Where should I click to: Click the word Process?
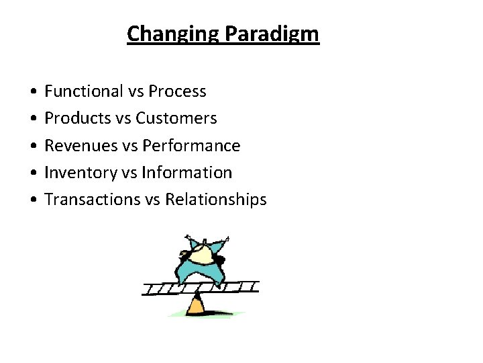tap(177, 91)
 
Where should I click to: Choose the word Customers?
tap(176, 118)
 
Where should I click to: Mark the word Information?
tap(187, 173)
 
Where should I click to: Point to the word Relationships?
tap(216, 200)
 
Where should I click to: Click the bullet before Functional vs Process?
tap(33, 91)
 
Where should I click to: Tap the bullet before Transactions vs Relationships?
tap(33, 200)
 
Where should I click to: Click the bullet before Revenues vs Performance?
tap(33, 146)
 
